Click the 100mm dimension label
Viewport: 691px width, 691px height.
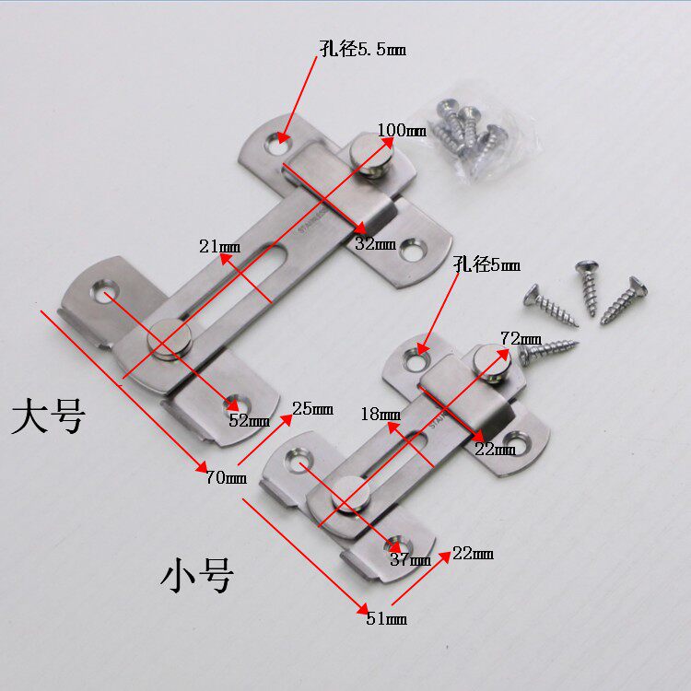(401, 130)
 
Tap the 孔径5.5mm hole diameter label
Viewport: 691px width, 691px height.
(362, 50)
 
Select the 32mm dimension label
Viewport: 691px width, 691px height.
(375, 244)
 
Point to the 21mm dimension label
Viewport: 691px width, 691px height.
(219, 246)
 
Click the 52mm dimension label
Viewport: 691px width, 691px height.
(249, 421)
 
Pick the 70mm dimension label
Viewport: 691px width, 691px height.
(227, 476)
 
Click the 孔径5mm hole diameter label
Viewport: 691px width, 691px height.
(486, 265)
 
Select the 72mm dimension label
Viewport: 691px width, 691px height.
(521, 337)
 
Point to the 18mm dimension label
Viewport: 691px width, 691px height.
(381, 414)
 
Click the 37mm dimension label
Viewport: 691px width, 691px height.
(410, 559)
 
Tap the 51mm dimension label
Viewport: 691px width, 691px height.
(386, 618)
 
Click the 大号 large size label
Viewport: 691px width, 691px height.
(48, 416)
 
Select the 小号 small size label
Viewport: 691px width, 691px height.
(196, 576)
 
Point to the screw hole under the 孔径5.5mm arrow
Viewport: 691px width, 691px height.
(277, 143)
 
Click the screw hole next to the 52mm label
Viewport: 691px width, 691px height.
(231, 402)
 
